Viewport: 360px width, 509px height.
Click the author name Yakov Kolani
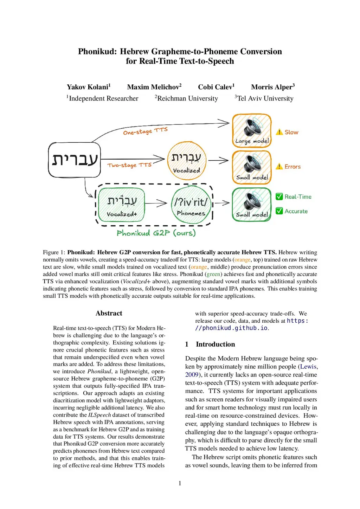[88, 87]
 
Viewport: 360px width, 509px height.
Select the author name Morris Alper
[272, 87]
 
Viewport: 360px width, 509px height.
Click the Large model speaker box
[252, 130]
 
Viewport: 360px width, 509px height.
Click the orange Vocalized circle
[186, 161]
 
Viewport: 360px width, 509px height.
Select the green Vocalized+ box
[122, 205]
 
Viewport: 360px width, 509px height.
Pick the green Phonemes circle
[191, 205]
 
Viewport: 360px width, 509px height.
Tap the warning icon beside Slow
[279, 132]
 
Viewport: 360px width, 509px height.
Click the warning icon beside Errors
[279, 167]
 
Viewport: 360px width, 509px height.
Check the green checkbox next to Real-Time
[279, 196]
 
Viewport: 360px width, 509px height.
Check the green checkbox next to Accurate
[279, 211]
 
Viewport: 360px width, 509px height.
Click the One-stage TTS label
[145, 131]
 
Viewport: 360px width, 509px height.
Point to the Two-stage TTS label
[129, 165]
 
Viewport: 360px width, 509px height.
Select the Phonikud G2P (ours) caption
[156, 233]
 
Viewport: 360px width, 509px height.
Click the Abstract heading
[109, 313]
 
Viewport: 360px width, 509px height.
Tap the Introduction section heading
[215, 344]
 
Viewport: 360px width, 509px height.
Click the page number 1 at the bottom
[180, 483]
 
